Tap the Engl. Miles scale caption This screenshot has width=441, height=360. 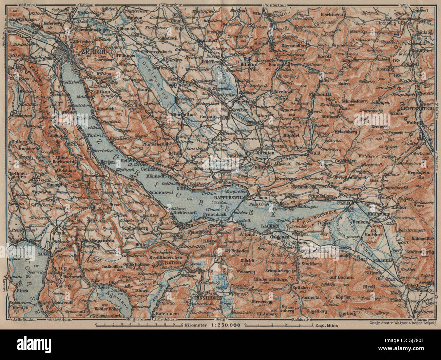pos(327,325)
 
